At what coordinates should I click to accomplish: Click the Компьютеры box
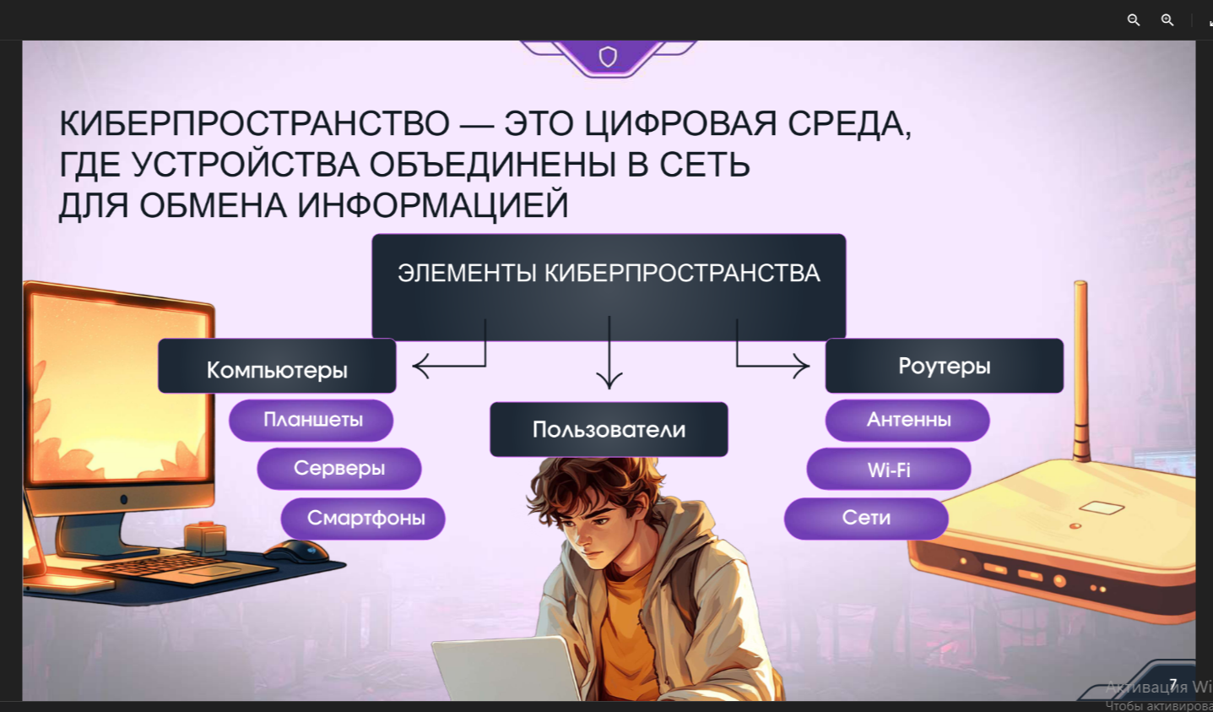point(277,366)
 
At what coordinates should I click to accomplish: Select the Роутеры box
point(944,366)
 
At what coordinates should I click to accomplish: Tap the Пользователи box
point(609,429)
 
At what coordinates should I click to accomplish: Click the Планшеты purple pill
point(311,420)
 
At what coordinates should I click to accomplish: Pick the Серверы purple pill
point(339,468)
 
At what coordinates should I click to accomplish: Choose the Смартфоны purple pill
point(363,518)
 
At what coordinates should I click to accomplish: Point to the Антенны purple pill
point(907,420)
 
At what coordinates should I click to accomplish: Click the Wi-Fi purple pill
point(889,470)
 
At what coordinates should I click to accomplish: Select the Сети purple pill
point(866,518)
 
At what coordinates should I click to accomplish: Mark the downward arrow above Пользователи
point(609,352)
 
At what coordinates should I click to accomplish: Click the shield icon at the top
point(608,57)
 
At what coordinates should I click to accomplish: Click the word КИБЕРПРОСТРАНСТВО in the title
point(254,123)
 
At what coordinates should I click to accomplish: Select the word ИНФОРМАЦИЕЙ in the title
point(433,205)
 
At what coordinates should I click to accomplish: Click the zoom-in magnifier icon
point(1167,20)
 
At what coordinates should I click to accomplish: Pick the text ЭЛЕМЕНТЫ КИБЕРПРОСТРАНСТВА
point(609,273)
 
